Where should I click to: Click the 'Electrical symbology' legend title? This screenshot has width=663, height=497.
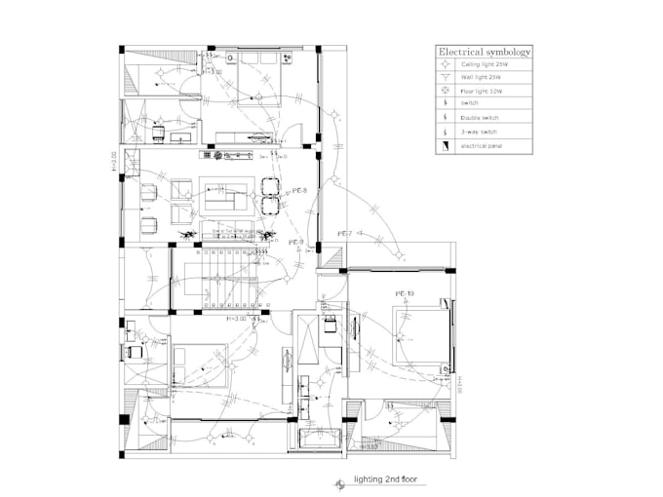coord(485,52)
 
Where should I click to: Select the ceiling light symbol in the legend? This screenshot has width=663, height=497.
coord(444,64)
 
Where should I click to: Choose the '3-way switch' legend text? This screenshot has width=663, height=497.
coord(478,131)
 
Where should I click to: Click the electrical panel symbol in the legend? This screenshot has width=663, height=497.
coord(444,145)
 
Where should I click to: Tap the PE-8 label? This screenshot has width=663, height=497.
coord(300,191)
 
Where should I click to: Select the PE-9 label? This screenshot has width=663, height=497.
coord(296,242)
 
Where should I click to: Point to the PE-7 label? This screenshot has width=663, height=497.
coord(344,234)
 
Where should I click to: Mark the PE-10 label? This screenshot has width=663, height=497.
coord(405,293)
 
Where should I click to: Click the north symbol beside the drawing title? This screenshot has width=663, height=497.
coord(338,481)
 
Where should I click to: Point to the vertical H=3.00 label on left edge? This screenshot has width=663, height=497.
coord(114,160)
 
